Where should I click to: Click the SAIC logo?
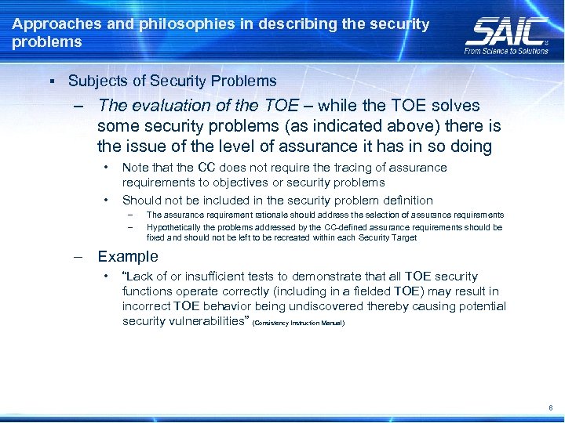pos(506,31)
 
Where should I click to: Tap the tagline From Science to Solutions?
pos(506,51)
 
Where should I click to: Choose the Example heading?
pos(127,257)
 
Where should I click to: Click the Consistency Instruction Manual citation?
pos(299,323)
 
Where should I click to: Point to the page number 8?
pos(551,408)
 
